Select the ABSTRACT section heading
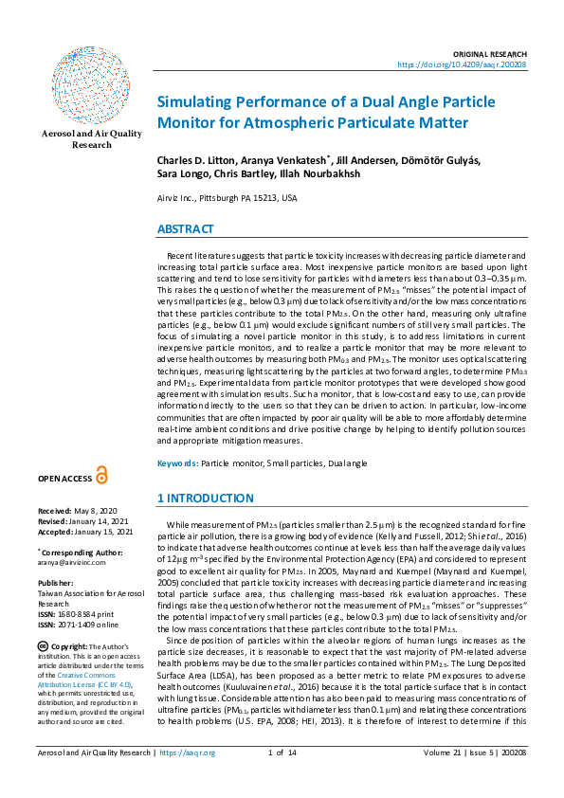tap(185, 229)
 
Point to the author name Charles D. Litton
tap(194, 160)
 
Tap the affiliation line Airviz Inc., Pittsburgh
tap(227, 198)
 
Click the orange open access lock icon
tap(101, 477)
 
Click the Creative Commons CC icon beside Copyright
tap(43, 644)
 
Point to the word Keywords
tap(177, 462)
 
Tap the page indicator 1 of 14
tap(282, 780)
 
